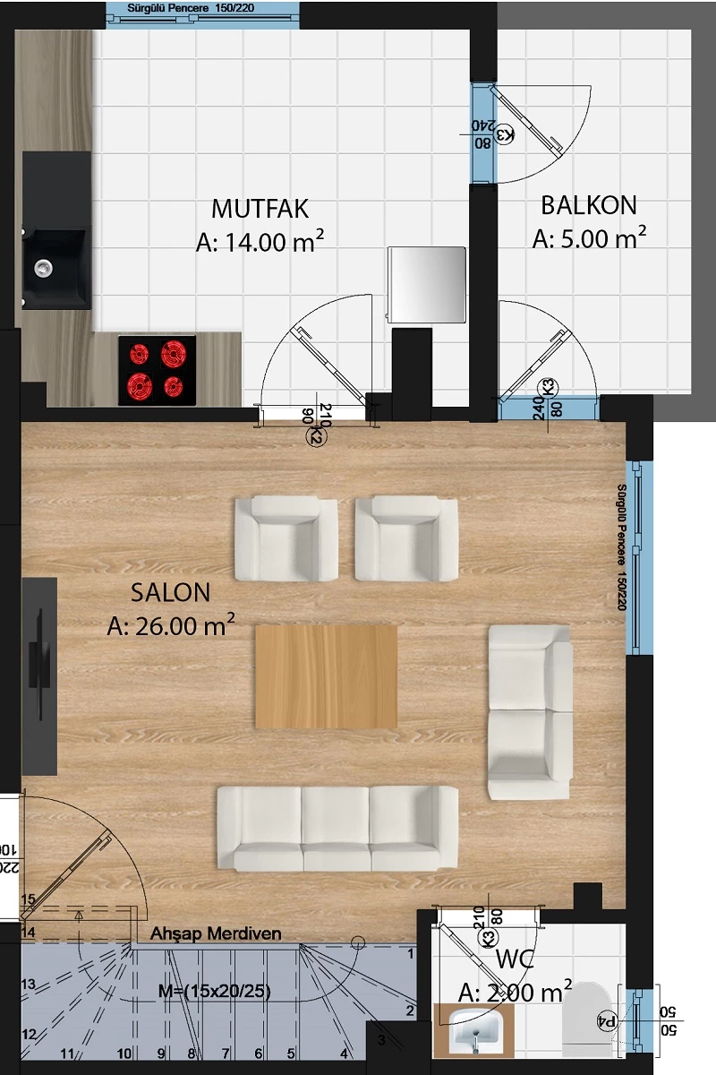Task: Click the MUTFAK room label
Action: [x=260, y=209]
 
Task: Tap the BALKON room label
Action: [x=589, y=205]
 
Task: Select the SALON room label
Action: [x=170, y=592]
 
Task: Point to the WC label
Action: [x=516, y=961]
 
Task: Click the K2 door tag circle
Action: [x=316, y=436]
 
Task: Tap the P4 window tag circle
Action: [x=607, y=1020]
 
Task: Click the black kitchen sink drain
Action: [x=42, y=266]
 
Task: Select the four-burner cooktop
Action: [x=157, y=371]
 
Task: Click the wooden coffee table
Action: [x=326, y=676]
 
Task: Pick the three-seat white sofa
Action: [x=337, y=828]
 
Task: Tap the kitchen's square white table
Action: [x=427, y=286]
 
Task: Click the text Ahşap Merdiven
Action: [x=216, y=933]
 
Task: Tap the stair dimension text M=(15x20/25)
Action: [x=214, y=991]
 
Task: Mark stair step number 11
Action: [x=66, y=1053]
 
